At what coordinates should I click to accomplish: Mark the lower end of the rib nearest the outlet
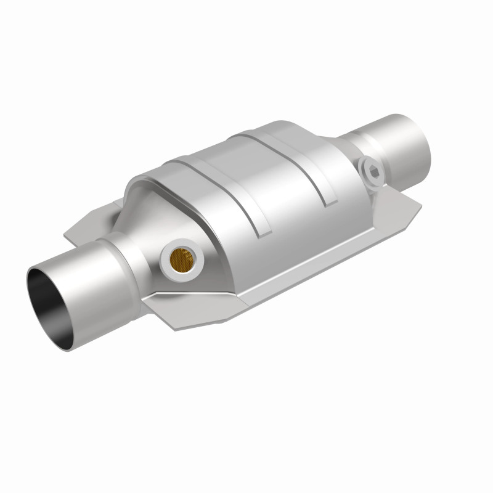point(330,200)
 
